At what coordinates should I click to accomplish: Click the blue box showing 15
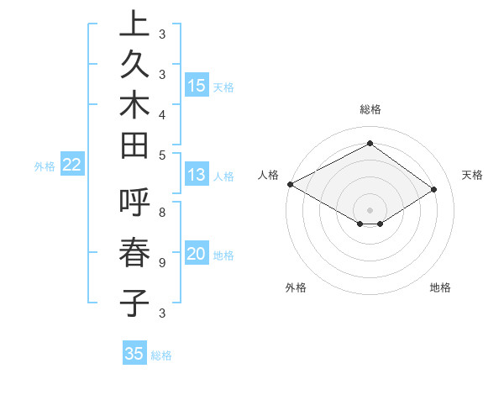click(x=197, y=85)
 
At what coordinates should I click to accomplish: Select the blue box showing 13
click(x=197, y=175)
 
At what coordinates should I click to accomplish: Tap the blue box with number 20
click(x=197, y=254)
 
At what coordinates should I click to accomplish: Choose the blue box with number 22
click(x=72, y=165)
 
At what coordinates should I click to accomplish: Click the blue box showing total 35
click(x=134, y=354)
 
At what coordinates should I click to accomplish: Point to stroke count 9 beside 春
click(x=161, y=263)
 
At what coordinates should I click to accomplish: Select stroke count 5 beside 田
click(x=161, y=155)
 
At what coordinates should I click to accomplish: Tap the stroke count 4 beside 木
click(x=161, y=113)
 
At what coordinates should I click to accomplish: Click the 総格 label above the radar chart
click(x=370, y=109)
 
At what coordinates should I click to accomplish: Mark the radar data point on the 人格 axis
click(x=290, y=184)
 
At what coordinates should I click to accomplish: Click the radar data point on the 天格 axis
click(x=434, y=189)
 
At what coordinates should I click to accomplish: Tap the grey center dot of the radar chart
click(x=370, y=209)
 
